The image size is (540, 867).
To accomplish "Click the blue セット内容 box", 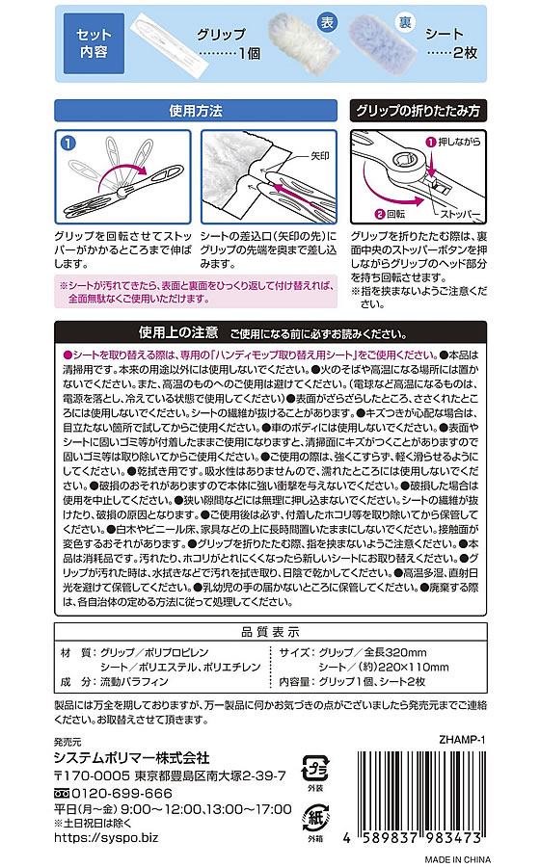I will tap(93, 40).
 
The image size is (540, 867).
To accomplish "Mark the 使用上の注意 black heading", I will tap(178, 333).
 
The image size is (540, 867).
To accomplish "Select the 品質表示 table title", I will tap(269, 632).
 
